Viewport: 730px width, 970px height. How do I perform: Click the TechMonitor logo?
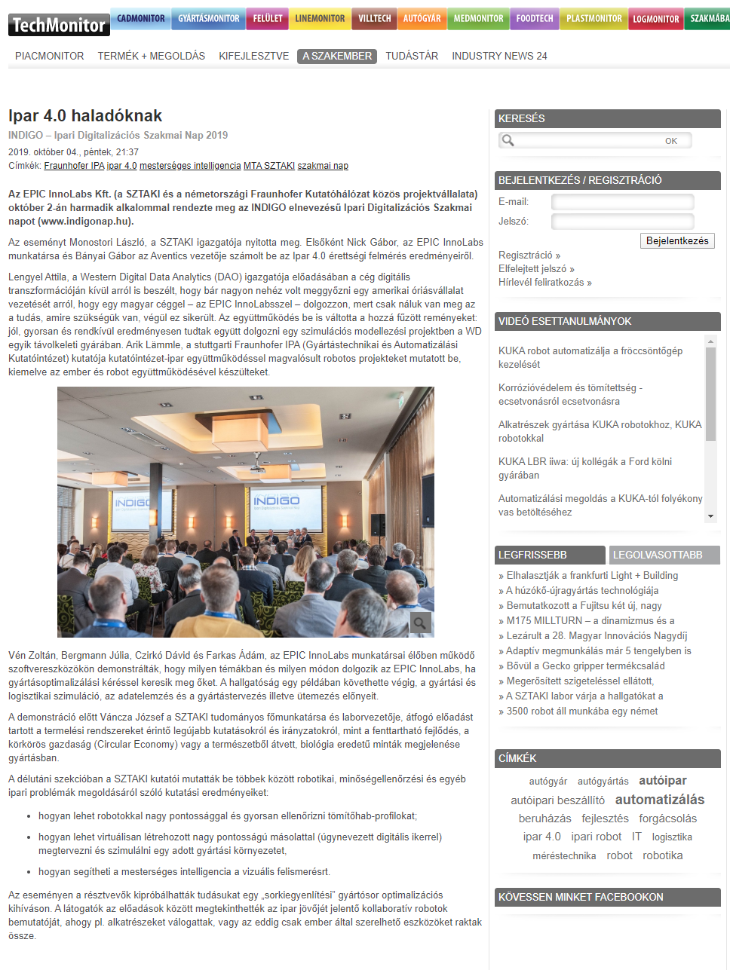point(59,25)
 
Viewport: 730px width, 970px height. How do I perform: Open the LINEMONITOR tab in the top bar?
point(320,18)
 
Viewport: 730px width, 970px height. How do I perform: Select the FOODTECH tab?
point(535,18)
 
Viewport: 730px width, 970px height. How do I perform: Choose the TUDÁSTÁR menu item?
point(412,56)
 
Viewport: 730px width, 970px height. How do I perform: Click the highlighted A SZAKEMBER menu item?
point(336,56)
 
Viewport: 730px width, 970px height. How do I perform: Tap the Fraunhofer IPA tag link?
point(74,166)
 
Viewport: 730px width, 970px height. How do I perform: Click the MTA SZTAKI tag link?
point(268,166)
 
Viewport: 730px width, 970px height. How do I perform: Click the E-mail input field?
point(622,202)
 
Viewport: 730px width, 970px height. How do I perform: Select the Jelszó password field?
point(622,222)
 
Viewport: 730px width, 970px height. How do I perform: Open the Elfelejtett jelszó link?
point(536,269)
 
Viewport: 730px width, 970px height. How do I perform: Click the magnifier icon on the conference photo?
point(420,623)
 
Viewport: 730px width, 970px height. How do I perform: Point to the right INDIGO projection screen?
point(277,501)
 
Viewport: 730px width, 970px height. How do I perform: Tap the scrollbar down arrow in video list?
point(710,516)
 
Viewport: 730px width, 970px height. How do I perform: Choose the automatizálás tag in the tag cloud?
point(660,800)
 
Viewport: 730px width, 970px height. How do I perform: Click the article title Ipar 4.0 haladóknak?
point(85,116)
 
